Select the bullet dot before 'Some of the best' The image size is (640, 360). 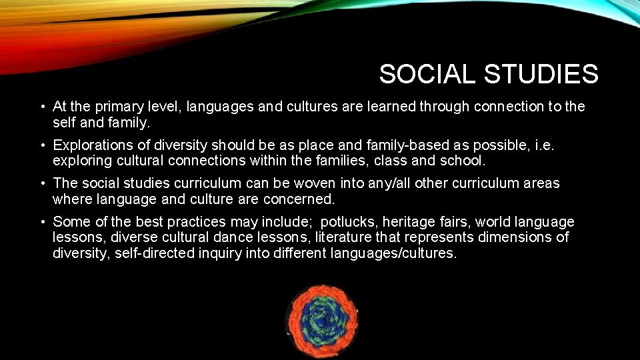[x=42, y=222]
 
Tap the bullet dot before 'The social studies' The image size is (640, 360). [x=42, y=183]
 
